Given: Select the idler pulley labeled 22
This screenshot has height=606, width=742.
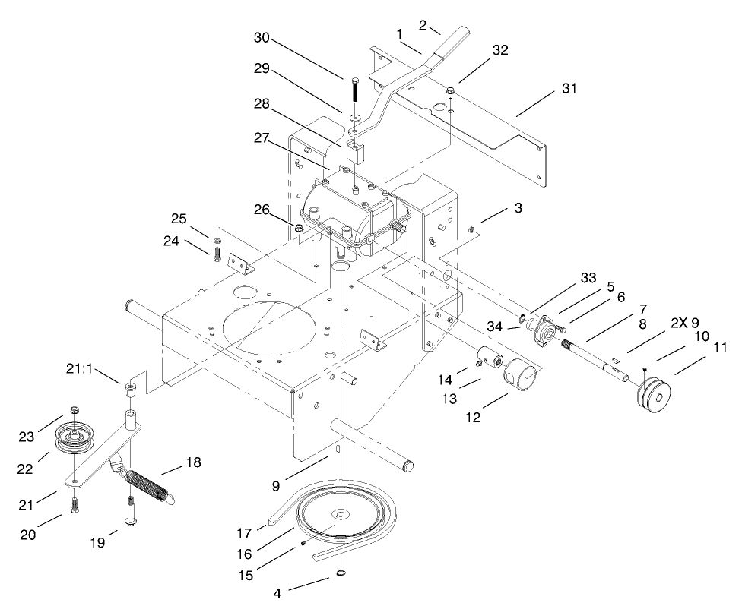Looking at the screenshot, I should pos(74,440).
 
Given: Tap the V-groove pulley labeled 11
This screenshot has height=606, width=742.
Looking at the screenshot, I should pos(654,397).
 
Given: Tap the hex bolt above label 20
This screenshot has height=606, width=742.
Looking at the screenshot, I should pos(75,503).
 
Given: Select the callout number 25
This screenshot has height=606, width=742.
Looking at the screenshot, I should pos(179,220).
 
